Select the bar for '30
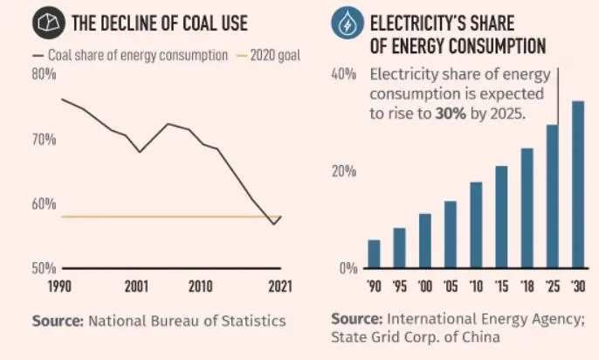(577, 184)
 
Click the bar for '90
(374, 253)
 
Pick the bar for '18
(527, 208)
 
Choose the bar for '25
(552, 197)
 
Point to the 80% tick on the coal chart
(45, 75)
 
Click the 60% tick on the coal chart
(45, 204)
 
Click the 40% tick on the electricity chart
(345, 75)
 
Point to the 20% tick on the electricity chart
(345, 171)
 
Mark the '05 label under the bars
(451, 286)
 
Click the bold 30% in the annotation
(451, 114)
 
